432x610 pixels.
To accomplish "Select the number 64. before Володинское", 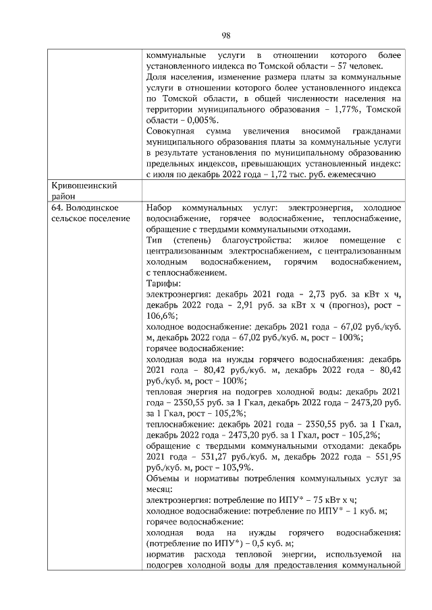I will point(59,207).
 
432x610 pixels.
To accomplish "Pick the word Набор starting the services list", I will point(159,207).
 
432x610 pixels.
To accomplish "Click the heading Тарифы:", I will point(162,283).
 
